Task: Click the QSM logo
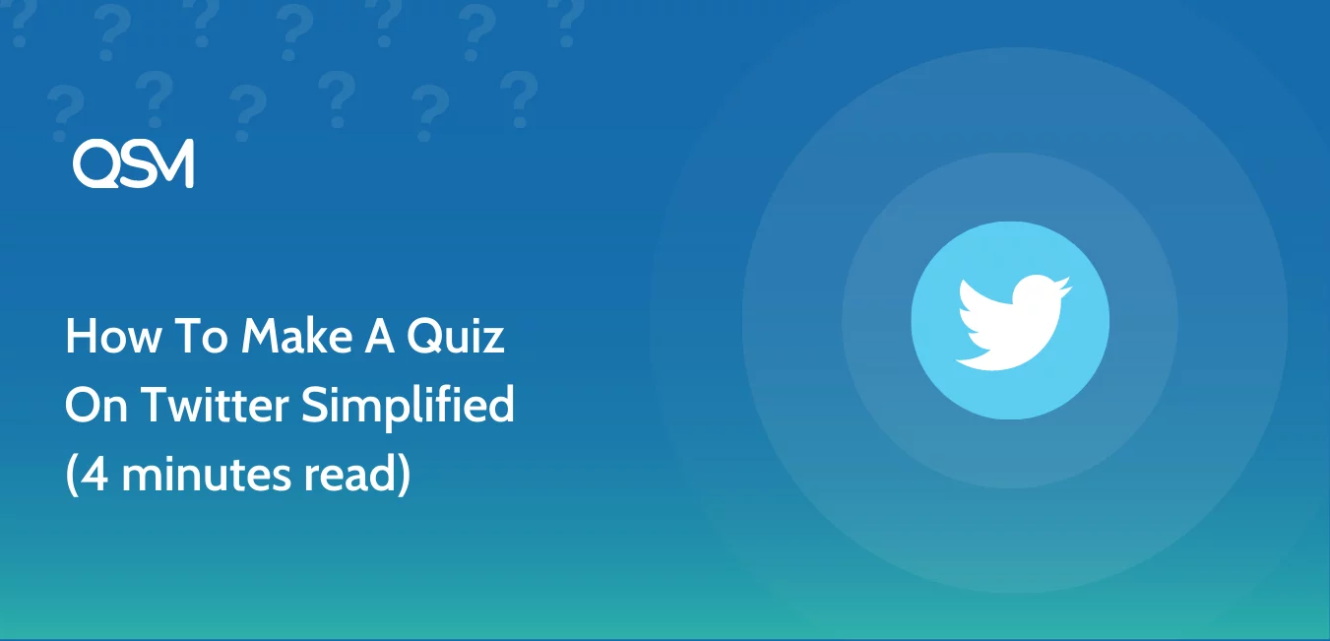pos(133,163)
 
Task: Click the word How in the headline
pos(113,336)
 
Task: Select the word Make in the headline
pos(297,336)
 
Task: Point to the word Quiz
pos(456,337)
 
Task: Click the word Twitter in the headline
pos(215,405)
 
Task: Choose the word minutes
pos(207,474)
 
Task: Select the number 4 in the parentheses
pos(95,474)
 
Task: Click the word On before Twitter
pos(96,405)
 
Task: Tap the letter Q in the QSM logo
pos(94,164)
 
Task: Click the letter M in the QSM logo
pos(170,163)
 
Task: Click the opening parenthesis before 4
pos(72,475)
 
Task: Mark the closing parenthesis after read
pos(405,475)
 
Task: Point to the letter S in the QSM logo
pos(131,164)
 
